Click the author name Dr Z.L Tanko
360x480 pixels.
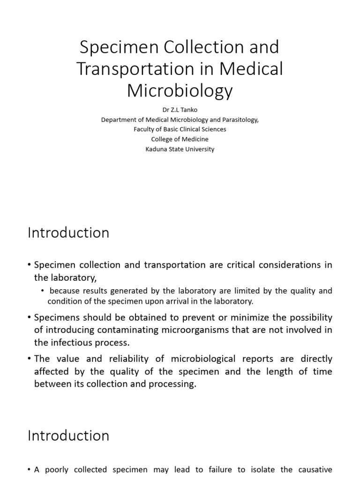pos(180,110)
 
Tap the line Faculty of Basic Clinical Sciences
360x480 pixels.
pos(180,129)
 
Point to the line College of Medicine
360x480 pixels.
pos(180,139)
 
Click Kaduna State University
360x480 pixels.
pos(180,149)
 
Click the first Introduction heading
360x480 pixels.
pos(68,233)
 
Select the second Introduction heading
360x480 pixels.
pos(68,435)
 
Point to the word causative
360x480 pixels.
pos(314,469)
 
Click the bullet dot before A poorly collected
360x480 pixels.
pos(30,470)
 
